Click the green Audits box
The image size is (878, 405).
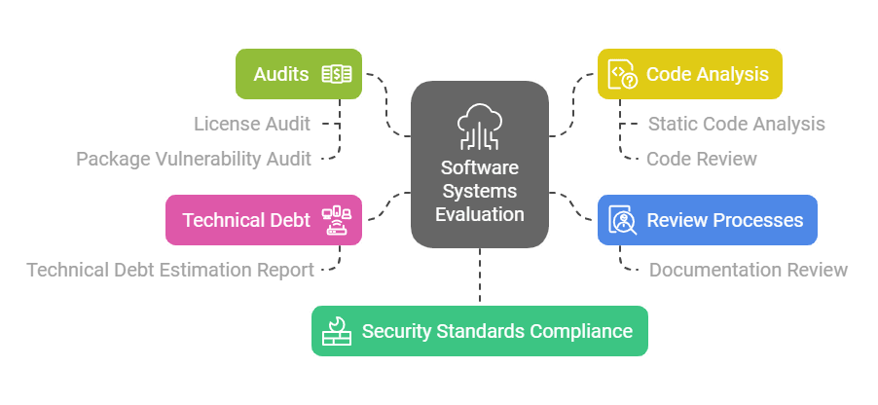[x=299, y=74]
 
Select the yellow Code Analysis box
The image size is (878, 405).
[x=689, y=74]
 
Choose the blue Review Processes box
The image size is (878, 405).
[x=707, y=219]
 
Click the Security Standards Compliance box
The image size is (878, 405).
[x=479, y=331]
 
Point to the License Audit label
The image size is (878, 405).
[x=252, y=124]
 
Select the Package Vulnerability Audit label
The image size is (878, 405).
[x=194, y=159]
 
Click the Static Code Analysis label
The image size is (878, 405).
[x=736, y=124]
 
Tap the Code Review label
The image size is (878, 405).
[x=701, y=159]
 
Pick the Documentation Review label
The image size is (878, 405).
[x=749, y=270]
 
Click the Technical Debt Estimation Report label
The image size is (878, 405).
[x=170, y=270]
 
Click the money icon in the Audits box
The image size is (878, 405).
[x=336, y=74]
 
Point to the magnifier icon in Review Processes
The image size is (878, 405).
[x=623, y=220]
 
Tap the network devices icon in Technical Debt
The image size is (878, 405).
[x=336, y=220]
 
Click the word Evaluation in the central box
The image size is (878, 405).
[x=479, y=214]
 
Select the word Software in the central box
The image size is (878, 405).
[x=479, y=167]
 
